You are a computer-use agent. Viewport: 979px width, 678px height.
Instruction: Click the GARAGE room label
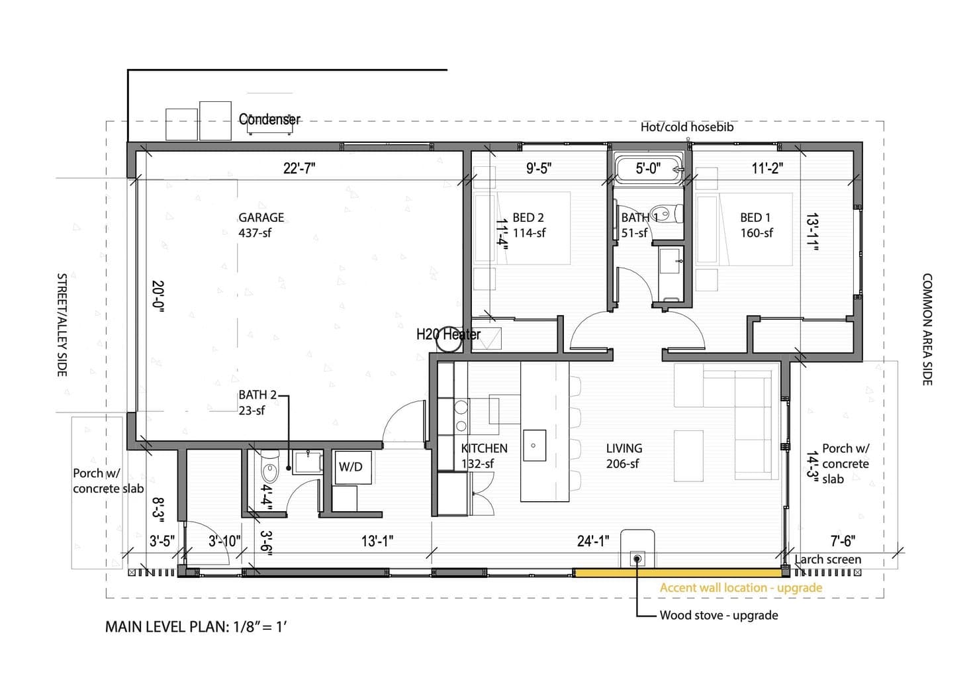click(x=261, y=217)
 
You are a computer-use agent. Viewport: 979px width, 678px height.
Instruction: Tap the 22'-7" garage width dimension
click(x=299, y=168)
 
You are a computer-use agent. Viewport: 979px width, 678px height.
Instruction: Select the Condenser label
click(x=269, y=119)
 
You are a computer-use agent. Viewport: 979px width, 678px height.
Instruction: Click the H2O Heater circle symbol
click(x=449, y=339)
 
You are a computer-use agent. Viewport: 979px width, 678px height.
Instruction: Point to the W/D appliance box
click(x=351, y=467)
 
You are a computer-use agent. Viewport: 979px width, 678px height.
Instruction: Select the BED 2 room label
click(x=528, y=217)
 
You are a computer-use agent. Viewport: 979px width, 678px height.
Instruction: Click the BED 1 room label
click(x=755, y=217)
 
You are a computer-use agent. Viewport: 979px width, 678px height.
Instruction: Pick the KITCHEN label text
click(x=485, y=448)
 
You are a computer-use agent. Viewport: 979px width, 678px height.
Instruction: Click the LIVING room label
click(x=624, y=448)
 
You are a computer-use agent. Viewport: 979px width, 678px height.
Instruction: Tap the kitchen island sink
click(x=535, y=446)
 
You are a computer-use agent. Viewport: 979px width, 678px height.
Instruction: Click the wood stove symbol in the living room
click(x=637, y=559)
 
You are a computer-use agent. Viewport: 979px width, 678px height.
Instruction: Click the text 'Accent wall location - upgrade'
click(x=741, y=587)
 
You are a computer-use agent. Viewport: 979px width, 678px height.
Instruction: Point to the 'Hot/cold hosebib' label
click(x=687, y=127)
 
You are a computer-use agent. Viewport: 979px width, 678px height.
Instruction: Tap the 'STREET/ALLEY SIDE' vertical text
click(x=62, y=325)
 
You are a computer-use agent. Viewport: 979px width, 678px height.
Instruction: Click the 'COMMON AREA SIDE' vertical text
click(x=927, y=330)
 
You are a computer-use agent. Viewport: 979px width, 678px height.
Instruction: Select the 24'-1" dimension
click(x=593, y=541)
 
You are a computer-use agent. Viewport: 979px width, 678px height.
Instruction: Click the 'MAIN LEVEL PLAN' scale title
click(x=196, y=627)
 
